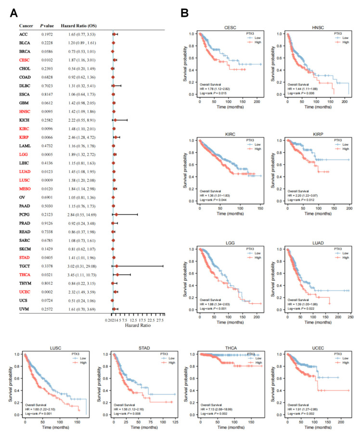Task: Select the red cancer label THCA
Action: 25,274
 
